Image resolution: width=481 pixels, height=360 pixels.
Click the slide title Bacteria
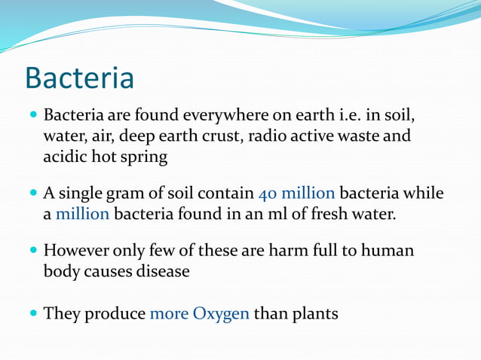pos(79,78)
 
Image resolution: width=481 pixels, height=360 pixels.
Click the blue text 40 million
pos(296,194)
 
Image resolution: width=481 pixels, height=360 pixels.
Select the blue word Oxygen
pos(220,313)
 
